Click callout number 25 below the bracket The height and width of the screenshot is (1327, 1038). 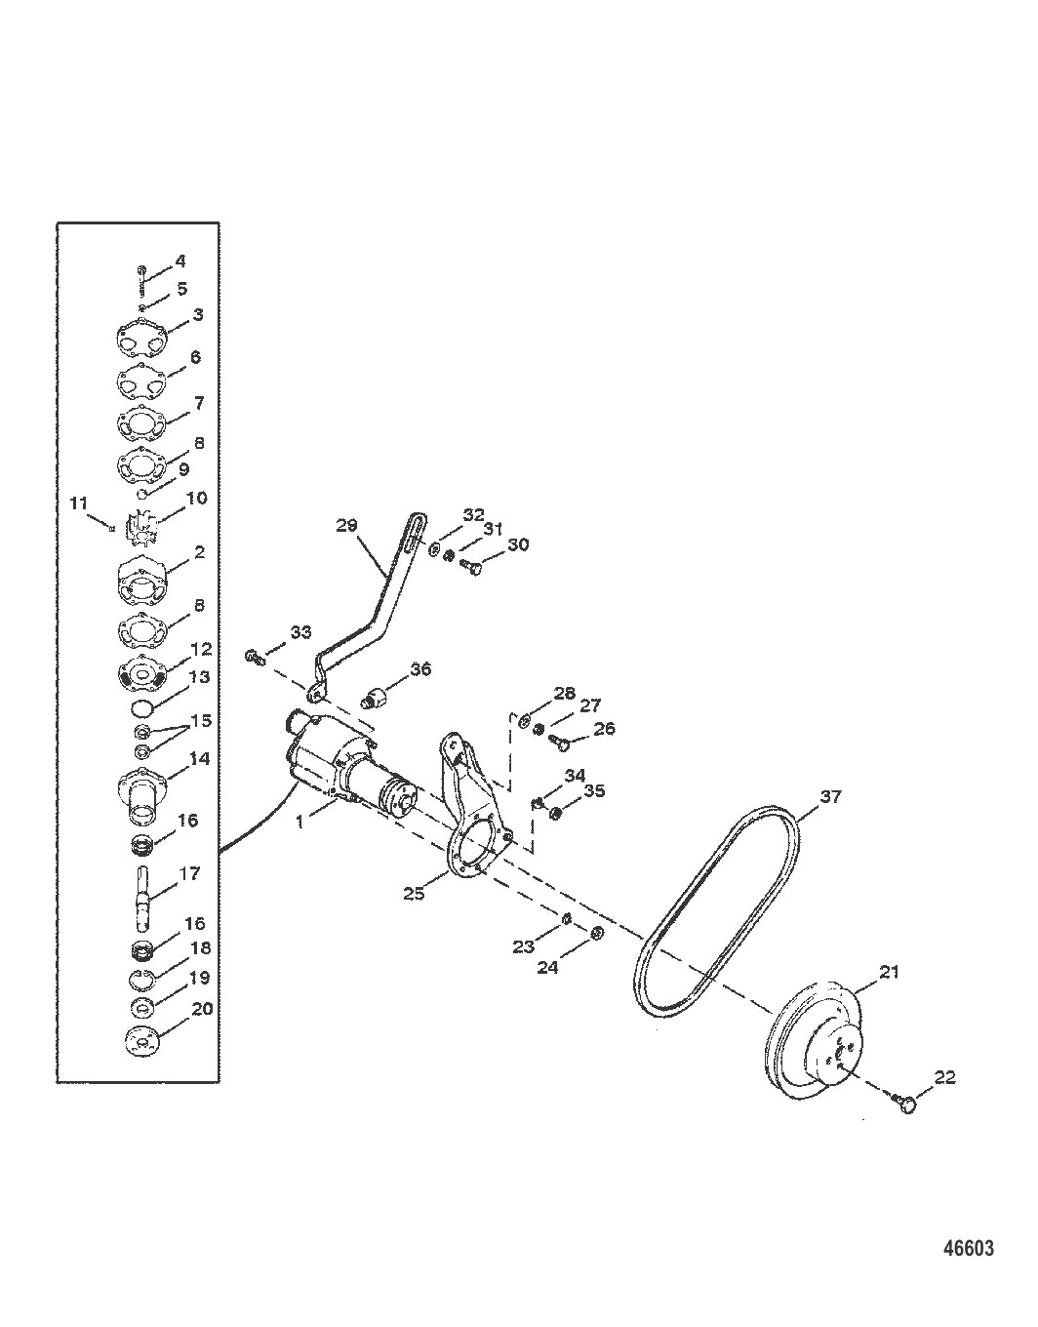tap(415, 892)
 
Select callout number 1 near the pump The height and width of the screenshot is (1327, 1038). tap(300, 822)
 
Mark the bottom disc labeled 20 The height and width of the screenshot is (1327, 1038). tap(142, 1040)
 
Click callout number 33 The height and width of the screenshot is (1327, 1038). tap(300, 632)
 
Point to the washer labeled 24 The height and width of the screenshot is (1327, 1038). tap(598, 935)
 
